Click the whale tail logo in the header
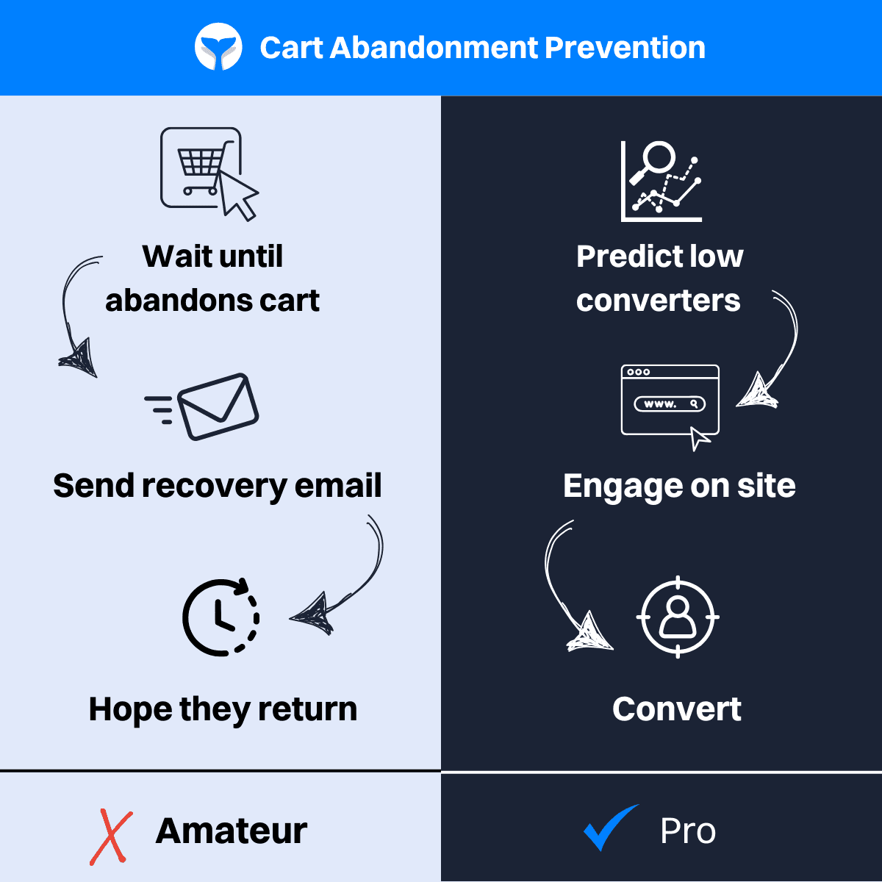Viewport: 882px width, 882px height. coord(218,48)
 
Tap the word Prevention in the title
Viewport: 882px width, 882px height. coord(625,48)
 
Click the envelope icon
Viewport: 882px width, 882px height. coord(217,407)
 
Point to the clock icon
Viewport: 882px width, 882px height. coord(220,617)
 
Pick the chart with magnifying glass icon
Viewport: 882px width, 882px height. coord(661,181)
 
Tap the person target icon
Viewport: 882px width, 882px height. coord(677,617)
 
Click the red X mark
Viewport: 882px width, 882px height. coord(111,837)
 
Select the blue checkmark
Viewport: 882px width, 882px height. coord(610,828)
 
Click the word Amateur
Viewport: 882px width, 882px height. coord(232,831)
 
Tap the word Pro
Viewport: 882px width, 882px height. coord(688,831)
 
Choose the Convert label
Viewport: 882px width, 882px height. coord(677,709)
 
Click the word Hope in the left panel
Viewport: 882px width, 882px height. coord(129,710)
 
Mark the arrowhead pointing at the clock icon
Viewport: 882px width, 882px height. coord(313,613)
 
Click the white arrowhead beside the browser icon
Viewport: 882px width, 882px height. coord(757,392)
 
